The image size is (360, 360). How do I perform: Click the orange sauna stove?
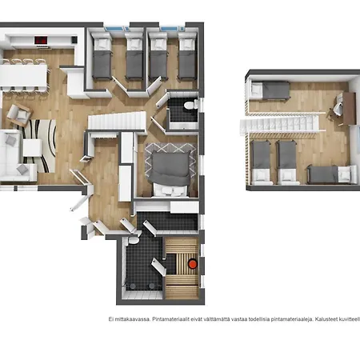click(x=193, y=264)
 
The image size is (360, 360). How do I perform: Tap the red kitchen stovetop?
click(x=41, y=40)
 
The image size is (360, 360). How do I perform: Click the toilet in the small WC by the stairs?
click(x=190, y=105)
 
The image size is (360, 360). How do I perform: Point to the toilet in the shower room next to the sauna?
click(x=134, y=240)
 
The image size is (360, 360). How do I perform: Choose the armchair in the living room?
click(x=19, y=114)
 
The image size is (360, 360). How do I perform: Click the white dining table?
click(x=23, y=75)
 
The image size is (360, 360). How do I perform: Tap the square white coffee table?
click(x=32, y=147)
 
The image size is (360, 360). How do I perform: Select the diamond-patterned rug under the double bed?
click(x=171, y=161)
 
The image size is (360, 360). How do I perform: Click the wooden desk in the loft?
click(x=350, y=108)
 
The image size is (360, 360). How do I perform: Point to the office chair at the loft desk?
click(x=337, y=109)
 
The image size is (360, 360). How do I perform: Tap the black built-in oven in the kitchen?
click(x=74, y=40)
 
